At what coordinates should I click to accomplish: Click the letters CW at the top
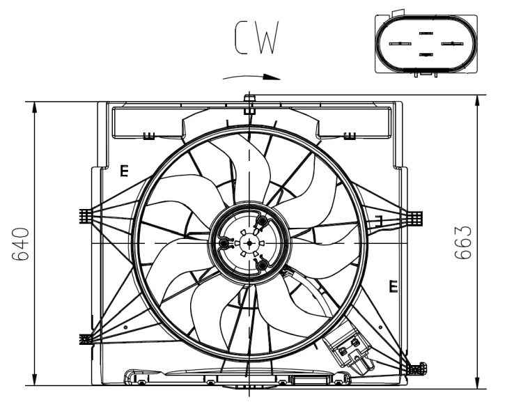[258, 38]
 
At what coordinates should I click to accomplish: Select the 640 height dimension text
[20, 244]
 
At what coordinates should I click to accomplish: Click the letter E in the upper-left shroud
[124, 170]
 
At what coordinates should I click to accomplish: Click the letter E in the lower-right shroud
[393, 286]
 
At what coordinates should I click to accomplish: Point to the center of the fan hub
[249, 242]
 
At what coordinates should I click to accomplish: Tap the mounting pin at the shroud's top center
[249, 100]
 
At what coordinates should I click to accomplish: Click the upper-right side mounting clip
[414, 219]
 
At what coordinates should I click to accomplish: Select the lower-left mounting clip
[86, 339]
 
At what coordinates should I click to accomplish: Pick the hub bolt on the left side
[225, 243]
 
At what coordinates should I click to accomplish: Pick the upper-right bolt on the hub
[262, 222]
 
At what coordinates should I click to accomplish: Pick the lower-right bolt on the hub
[262, 265]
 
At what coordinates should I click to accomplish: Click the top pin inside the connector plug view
[426, 32]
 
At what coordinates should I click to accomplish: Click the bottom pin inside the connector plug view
[426, 54]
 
